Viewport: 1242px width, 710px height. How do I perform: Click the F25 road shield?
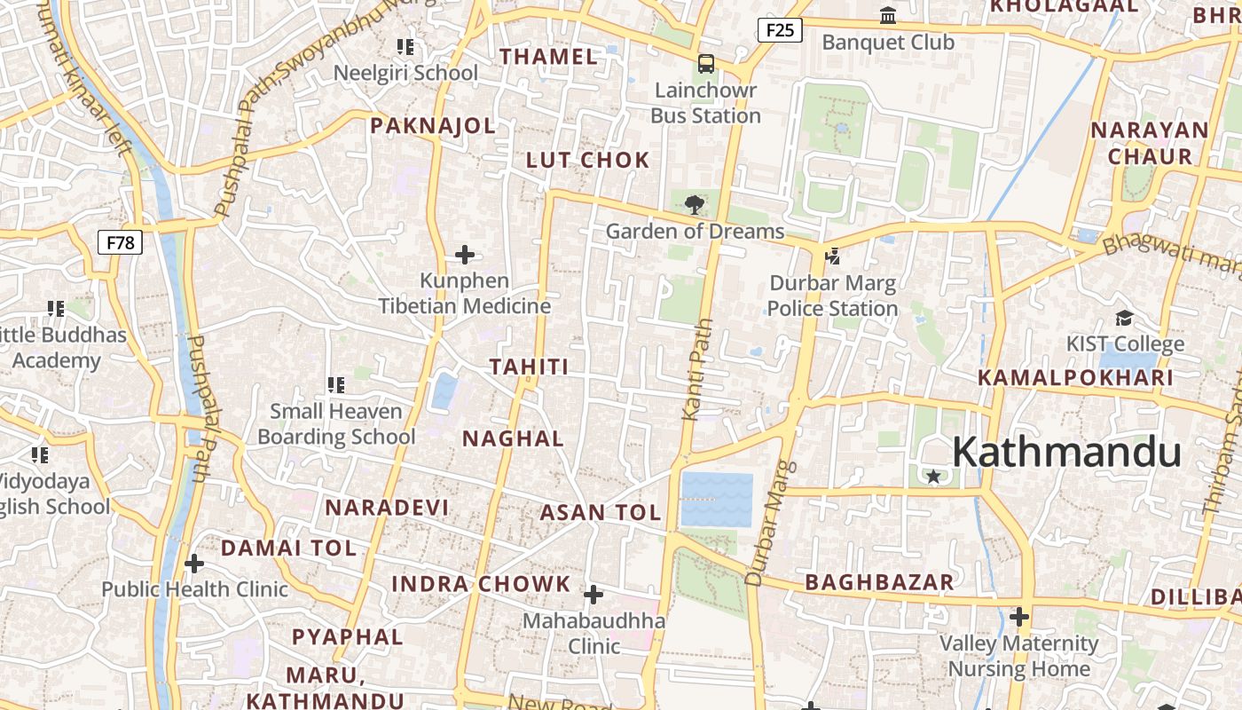pyautogui.click(x=779, y=30)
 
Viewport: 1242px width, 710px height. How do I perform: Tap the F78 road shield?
pyautogui.click(x=120, y=241)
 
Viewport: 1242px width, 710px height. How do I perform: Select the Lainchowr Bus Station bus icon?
pyautogui.click(x=706, y=64)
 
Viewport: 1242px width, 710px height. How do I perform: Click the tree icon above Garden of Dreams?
pyautogui.click(x=695, y=205)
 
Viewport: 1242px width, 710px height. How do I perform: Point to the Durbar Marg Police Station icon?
pyautogui.click(x=832, y=256)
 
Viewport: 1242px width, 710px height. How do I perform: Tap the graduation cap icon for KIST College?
pyautogui.click(x=1125, y=319)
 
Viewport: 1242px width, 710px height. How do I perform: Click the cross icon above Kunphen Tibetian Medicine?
pyautogui.click(x=464, y=256)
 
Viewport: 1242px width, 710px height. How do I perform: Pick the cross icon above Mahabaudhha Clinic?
pyautogui.click(x=593, y=594)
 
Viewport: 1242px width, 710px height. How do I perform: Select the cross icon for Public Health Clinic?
pyautogui.click(x=194, y=563)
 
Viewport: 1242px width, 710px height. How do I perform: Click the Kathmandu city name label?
pyautogui.click(x=1066, y=453)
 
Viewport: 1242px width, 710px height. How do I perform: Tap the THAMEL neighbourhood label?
pyautogui.click(x=548, y=57)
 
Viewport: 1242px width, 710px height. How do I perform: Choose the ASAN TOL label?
pyautogui.click(x=601, y=512)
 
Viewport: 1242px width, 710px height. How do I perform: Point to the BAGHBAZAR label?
pyautogui.click(x=879, y=582)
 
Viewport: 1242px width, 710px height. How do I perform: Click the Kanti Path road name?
pyautogui.click(x=697, y=368)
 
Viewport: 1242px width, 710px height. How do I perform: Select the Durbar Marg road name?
pyautogui.click(x=768, y=524)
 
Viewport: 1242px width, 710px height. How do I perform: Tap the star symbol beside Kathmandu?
pyautogui.click(x=933, y=477)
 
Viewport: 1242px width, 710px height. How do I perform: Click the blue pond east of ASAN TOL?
pyautogui.click(x=717, y=500)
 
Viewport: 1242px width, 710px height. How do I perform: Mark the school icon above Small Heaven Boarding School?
pyautogui.click(x=335, y=384)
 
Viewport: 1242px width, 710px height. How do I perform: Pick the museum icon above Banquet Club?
pyautogui.click(x=887, y=16)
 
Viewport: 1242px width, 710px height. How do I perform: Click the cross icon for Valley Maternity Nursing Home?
pyautogui.click(x=1019, y=616)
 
